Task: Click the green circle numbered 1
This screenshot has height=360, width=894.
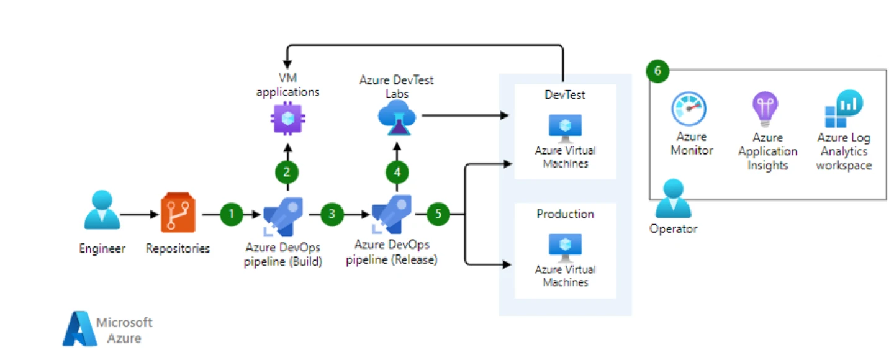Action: click(x=232, y=214)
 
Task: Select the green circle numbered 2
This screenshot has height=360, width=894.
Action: click(x=287, y=172)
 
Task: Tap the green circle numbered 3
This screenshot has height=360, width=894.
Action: click(x=332, y=214)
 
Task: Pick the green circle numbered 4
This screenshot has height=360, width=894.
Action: click(x=397, y=172)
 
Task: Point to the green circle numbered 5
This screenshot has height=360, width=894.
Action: click(x=438, y=214)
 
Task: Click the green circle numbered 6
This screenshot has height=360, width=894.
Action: click(x=657, y=71)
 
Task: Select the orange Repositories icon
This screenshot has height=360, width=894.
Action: click(x=178, y=213)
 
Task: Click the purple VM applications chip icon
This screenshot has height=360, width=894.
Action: click(x=288, y=119)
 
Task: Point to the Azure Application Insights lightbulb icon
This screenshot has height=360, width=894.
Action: click(x=765, y=109)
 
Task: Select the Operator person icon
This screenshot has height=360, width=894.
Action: click(x=673, y=200)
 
